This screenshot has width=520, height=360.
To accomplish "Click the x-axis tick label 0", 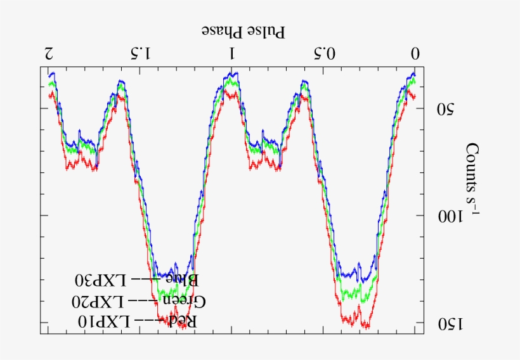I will click(415, 54).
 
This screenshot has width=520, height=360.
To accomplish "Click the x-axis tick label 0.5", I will click(324, 54).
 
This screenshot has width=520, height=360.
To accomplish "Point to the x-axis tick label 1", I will click(232, 54).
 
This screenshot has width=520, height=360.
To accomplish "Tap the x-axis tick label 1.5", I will click(140, 54).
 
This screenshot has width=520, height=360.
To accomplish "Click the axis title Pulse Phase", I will click(243, 30).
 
